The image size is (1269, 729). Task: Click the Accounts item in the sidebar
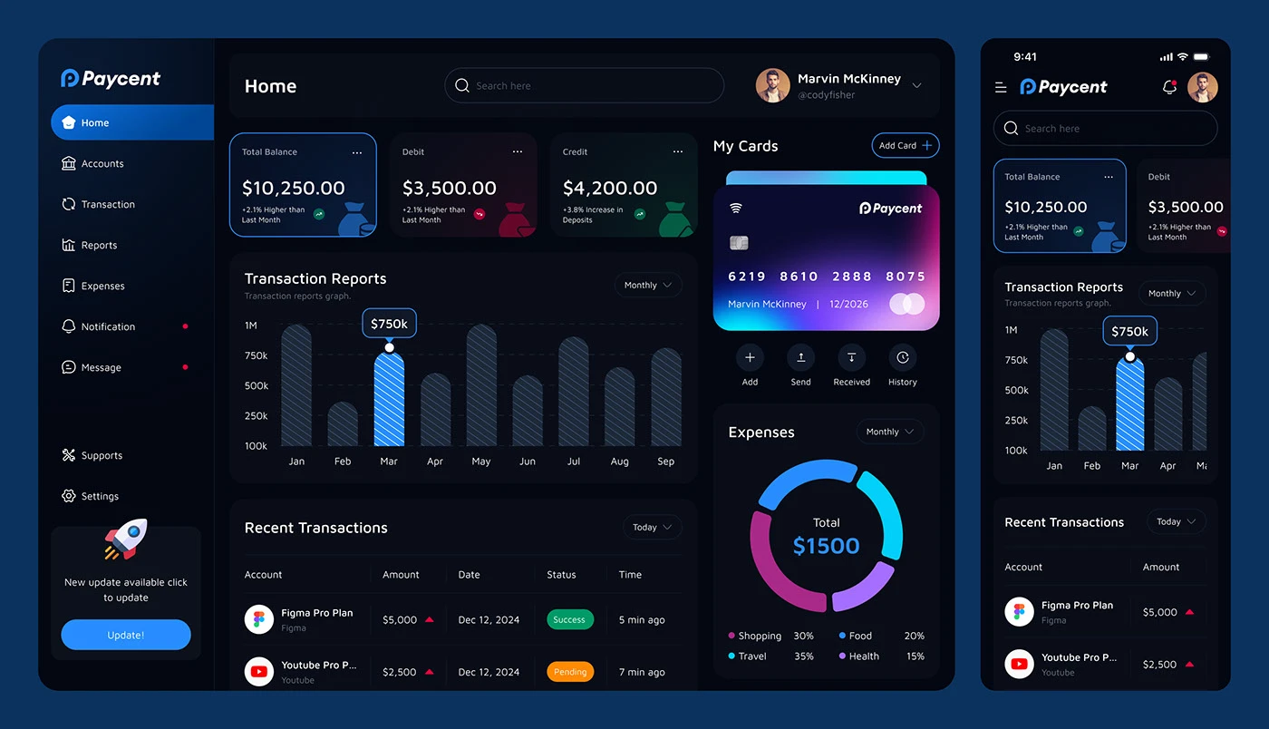point(102,164)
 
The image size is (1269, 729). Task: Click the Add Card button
point(905,146)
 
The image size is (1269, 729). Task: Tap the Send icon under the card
point(800,358)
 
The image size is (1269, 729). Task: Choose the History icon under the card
point(902,358)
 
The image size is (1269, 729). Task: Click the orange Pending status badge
point(570,672)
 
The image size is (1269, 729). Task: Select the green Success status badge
point(569,620)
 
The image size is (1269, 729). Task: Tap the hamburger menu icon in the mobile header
point(1001,88)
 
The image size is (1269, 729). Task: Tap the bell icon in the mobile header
point(1169,88)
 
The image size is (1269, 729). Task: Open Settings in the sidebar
point(99,497)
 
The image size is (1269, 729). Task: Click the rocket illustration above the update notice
point(125,539)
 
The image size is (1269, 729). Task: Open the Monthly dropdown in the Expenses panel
point(889,433)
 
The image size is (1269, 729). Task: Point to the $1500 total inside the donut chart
point(826,546)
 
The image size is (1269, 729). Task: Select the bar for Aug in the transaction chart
point(619,407)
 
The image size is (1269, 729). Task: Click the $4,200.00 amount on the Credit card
point(609,189)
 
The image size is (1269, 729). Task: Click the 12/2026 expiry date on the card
point(848,305)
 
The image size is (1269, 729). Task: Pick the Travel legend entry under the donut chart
point(751,656)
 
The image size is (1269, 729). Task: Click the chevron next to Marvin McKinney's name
point(916,86)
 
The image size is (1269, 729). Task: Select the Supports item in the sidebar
point(101,456)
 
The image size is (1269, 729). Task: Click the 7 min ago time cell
point(641,672)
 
